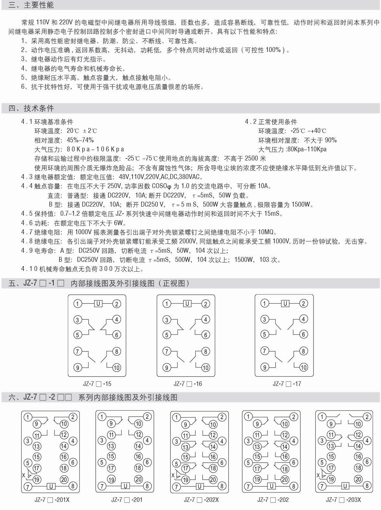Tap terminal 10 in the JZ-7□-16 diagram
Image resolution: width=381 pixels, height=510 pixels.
(x=205, y=368)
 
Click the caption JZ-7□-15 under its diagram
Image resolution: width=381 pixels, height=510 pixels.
(x=97, y=384)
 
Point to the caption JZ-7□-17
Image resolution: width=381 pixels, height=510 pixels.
(x=286, y=384)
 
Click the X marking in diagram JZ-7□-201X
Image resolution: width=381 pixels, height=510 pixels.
(x=23, y=475)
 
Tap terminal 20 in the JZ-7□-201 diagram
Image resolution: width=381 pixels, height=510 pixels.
(x=139, y=479)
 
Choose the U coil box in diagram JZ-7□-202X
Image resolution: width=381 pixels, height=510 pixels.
(x=199, y=486)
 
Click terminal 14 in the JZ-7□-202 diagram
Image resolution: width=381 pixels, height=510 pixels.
(x=285, y=446)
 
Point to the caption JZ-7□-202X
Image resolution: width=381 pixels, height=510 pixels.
(x=201, y=500)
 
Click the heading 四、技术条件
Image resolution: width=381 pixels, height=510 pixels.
(x=31, y=108)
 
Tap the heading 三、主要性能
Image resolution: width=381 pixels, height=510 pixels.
(x=31, y=5)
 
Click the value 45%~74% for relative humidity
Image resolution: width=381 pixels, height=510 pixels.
(x=80, y=140)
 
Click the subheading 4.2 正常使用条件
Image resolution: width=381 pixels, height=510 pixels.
(x=271, y=122)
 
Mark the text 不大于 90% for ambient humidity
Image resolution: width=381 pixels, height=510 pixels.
(x=320, y=140)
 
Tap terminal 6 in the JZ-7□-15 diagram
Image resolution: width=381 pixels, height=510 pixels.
(x=116, y=335)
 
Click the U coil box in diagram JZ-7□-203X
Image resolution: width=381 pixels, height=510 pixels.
(x=345, y=486)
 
